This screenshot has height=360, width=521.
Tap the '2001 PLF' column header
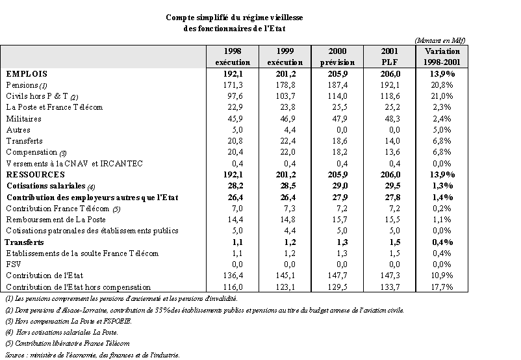pyautogui.click(x=390, y=57)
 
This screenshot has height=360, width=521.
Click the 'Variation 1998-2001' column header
pyautogui.click(x=442, y=57)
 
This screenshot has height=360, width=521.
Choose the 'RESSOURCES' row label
pyautogui.click(x=35, y=175)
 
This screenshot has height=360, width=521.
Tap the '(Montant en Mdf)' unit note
pyautogui.click(x=439, y=40)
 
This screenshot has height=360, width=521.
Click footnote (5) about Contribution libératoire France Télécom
pyautogui.click(x=67, y=342)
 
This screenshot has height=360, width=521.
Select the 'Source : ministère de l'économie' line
pyautogui.click(x=91, y=354)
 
